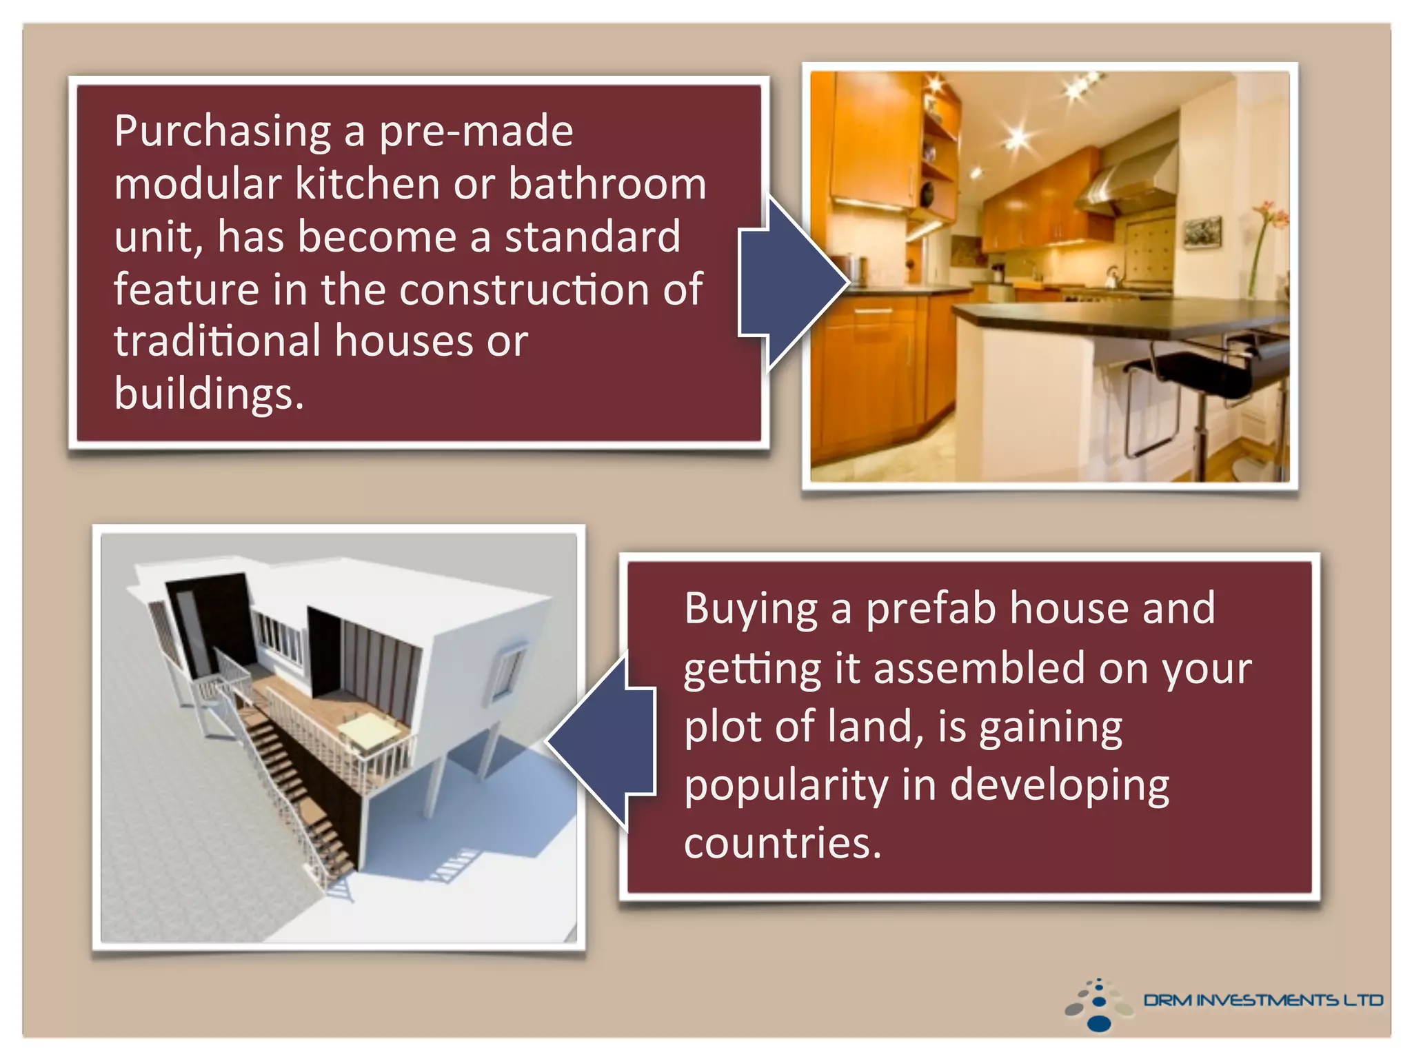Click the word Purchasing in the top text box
(x=223, y=132)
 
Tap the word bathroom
(x=607, y=185)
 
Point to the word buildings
(x=208, y=394)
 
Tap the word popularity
(x=786, y=786)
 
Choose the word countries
(x=782, y=844)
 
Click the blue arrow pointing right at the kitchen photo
(x=793, y=283)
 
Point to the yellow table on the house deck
(x=368, y=727)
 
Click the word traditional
(x=217, y=342)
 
